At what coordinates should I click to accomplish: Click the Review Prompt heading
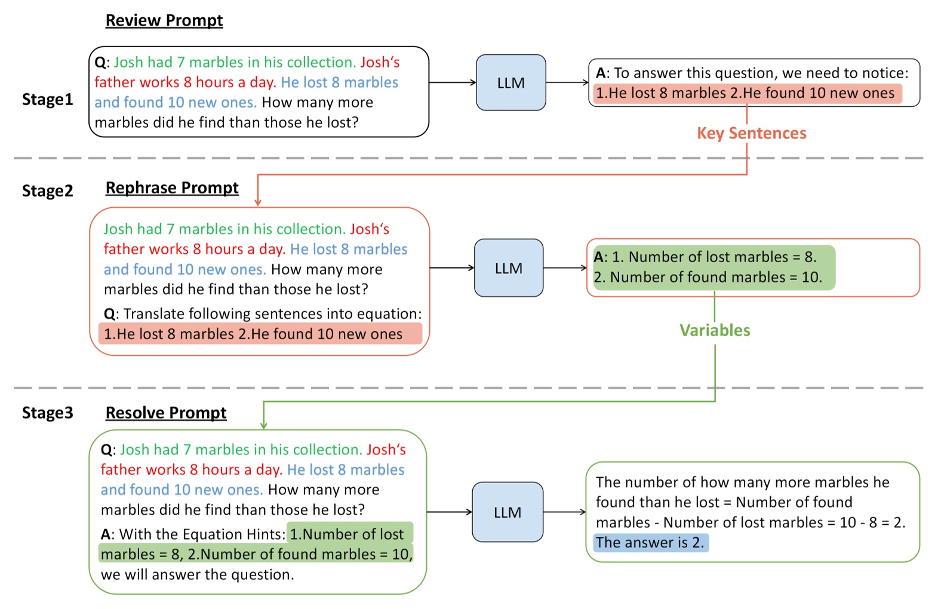tap(164, 20)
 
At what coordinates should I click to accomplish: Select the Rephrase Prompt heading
tap(172, 187)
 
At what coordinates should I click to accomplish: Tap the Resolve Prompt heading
tap(166, 413)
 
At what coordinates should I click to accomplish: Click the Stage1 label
tap(47, 99)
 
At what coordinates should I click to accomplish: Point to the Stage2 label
tap(47, 190)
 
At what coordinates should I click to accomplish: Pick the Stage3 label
tap(47, 413)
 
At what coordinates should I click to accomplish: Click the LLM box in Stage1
tap(511, 83)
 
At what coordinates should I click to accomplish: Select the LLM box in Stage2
tap(509, 268)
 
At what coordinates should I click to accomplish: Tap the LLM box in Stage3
tap(508, 512)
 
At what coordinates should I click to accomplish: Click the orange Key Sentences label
tap(751, 133)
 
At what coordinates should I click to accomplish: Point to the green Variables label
tap(715, 330)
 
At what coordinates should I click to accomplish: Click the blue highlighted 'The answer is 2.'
tap(650, 542)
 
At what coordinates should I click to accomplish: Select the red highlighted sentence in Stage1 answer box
tap(746, 93)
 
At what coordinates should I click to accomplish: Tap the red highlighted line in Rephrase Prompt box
tap(260, 334)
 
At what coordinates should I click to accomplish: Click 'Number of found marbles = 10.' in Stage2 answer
tap(715, 277)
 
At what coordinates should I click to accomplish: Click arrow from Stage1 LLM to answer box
tap(567, 82)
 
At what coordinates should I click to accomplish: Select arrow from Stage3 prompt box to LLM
tap(450, 512)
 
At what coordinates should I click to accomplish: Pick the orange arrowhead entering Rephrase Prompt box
tap(258, 202)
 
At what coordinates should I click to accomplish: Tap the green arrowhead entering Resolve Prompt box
tap(263, 425)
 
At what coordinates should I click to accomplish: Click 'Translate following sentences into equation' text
tap(272, 313)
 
